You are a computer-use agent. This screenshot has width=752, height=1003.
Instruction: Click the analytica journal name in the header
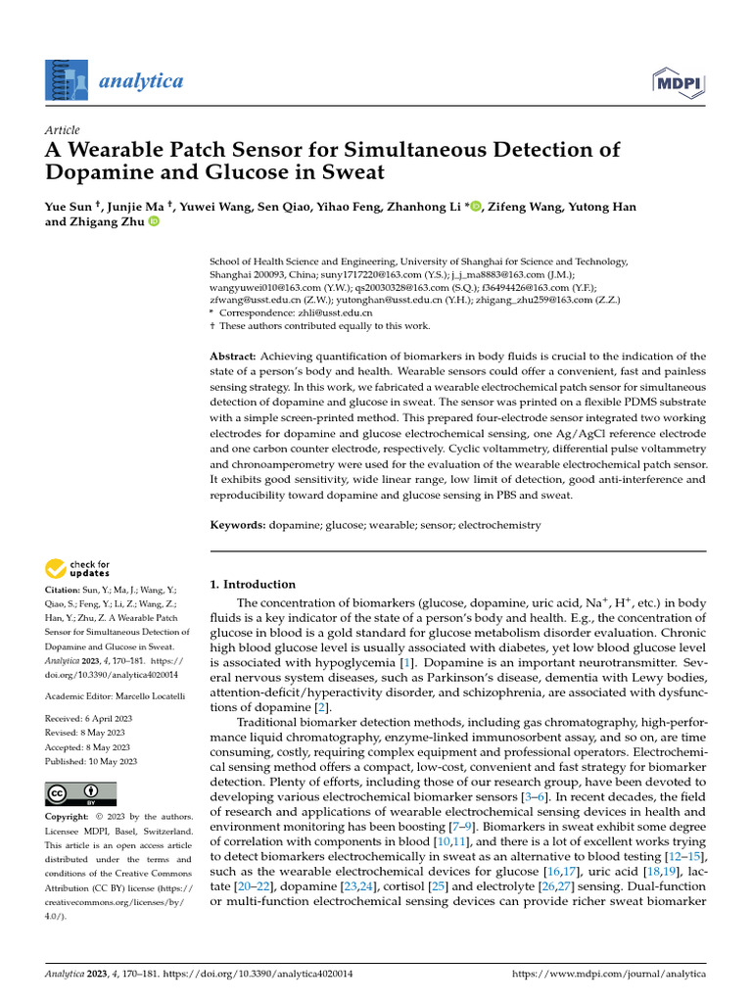coord(140,80)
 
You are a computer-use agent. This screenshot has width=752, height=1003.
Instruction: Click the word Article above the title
coord(63,130)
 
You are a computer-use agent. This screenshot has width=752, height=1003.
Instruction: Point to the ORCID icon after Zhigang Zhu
coord(153,222)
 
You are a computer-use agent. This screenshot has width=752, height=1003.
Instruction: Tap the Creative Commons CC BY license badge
coord(80,793)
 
